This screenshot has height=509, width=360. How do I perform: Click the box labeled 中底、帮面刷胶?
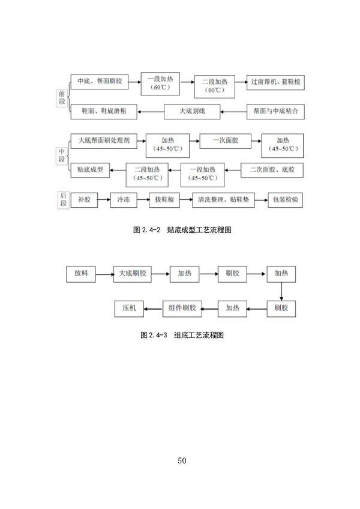pos(100,82)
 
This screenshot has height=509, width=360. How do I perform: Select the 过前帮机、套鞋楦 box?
pos(275,82)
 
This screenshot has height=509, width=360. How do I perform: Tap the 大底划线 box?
pos(192,111)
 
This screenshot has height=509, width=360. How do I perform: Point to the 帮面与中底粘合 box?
pos(275,111)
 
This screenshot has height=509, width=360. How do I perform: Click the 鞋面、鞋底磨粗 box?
pos(103,111)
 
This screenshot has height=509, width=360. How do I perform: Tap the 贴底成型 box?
pos(90,169)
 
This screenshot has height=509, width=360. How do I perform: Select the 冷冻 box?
pos(124,199)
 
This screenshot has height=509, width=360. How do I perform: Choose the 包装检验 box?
pos(286,199)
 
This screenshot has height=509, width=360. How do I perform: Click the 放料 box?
pos(81,273)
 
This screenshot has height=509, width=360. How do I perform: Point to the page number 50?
pos(182,460)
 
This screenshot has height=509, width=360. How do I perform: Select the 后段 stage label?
pos(63,199)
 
